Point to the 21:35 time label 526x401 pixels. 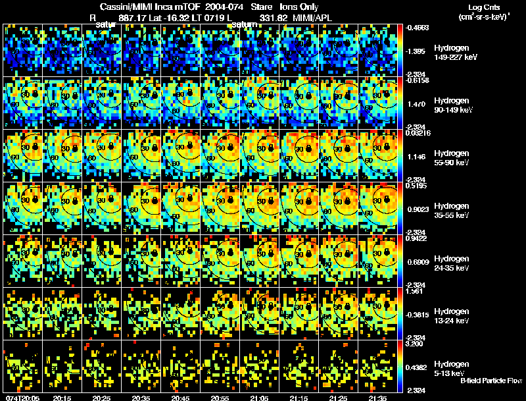click(379, 398)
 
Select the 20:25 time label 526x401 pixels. click(103, 398)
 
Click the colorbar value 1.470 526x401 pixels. click(416, 104)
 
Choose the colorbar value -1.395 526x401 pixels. click(416, 51)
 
